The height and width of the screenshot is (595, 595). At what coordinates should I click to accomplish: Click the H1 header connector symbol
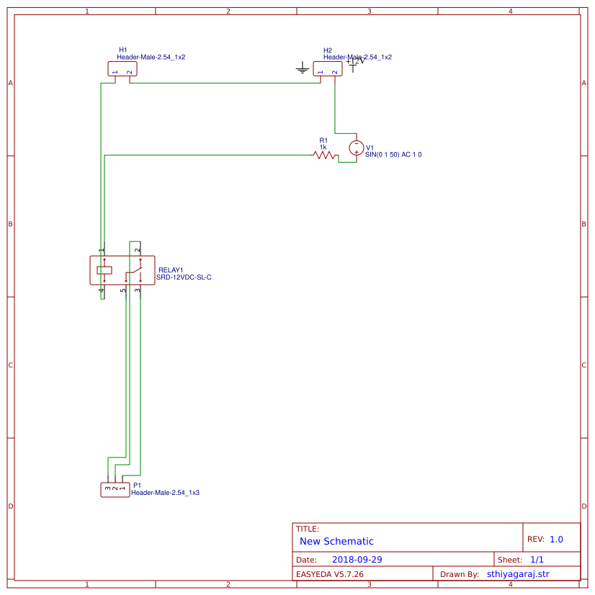[122, 68]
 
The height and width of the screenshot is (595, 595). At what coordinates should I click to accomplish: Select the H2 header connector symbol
[327, 68]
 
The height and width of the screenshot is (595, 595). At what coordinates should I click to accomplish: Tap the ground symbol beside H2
[303, 69]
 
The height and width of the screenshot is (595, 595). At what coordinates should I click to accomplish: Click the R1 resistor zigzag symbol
[325, 155]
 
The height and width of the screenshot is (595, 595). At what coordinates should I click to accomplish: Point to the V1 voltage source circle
[356, 148]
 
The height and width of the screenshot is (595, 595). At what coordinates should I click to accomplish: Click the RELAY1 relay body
[122, 270]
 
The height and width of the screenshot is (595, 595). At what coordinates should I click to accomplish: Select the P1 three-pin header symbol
[115, 490]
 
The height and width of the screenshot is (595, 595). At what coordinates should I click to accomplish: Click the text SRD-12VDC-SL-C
[184, 277]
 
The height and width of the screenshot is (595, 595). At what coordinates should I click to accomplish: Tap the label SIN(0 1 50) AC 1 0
[393, 155]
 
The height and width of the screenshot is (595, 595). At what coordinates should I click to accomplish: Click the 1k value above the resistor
[323, 147]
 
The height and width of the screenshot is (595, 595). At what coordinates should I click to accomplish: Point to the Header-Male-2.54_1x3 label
[165, 493]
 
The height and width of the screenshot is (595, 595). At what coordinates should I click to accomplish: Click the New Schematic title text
[336, 542]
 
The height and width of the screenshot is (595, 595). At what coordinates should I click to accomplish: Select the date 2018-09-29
[357, 560]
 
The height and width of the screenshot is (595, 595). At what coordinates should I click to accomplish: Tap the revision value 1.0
[556, 540]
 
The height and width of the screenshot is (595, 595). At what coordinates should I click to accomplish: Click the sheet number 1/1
[537, 560]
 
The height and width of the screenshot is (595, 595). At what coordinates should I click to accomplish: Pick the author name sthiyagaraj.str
[518, 574]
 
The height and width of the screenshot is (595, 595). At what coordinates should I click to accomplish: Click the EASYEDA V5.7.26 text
[330, 575]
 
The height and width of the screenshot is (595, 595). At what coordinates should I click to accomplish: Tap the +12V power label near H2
[356, 61]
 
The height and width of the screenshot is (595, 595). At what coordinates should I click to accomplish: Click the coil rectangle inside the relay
[104, 270]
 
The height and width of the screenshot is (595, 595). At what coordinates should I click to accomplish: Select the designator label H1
[123, 50]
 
